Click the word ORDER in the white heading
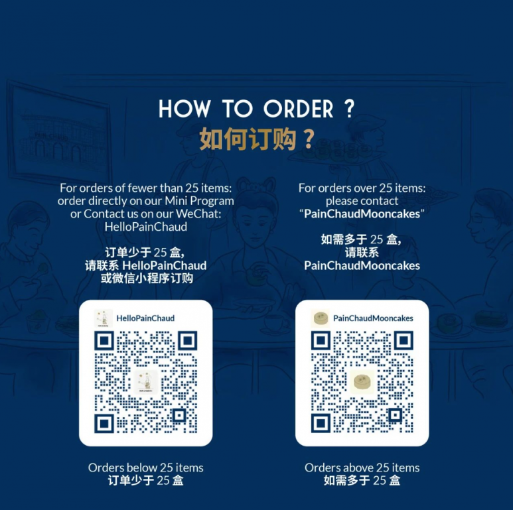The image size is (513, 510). click(299, 109)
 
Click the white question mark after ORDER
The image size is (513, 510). click(350, 109)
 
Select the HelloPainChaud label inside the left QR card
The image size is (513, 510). click(145, 318)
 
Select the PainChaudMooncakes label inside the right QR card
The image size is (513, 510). click(373, 318)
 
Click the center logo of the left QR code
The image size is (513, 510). click(146, 382)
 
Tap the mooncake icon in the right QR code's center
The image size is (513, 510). click(362, 381)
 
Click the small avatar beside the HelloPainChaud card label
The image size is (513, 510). click(103, 318)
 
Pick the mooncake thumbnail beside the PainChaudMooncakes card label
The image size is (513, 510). click(320, 318)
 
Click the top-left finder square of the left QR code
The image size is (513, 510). click(104, 341)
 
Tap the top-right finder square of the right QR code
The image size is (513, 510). click(403, 341)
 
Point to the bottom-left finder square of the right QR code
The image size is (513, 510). click(321, 424)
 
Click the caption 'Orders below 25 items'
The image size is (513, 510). click(145, 468)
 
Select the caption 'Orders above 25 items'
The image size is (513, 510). click(362, 468)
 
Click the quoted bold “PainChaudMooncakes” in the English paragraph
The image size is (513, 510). click(362, 214)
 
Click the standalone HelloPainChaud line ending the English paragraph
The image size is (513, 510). click(146, 227)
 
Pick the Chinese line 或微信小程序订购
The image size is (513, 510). click(147, 278)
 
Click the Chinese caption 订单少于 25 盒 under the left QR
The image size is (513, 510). click(145, 481)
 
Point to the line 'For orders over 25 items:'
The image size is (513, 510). click(362, 188)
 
